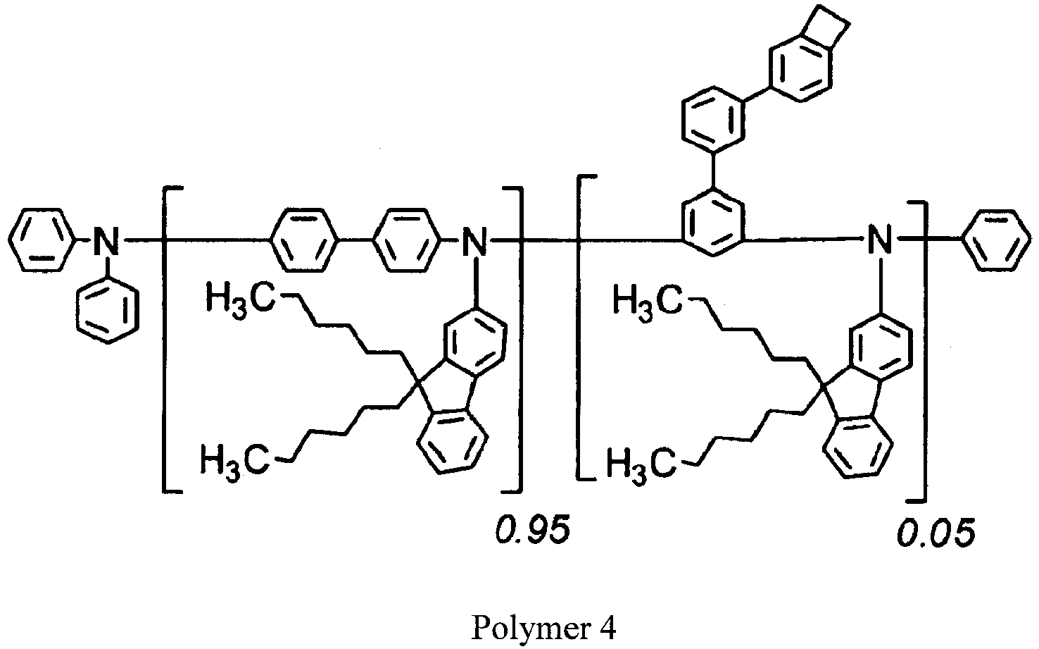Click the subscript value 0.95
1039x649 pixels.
[533, 530]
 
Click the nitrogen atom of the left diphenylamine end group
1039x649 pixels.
[107, 240]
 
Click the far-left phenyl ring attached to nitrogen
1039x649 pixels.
[42, 240]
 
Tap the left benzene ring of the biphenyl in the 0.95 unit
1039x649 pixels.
[304, 240]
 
